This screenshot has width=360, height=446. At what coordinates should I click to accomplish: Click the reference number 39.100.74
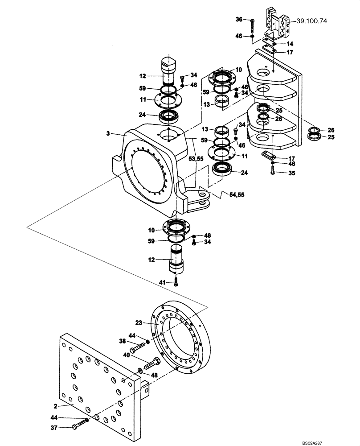[x=309, y=21]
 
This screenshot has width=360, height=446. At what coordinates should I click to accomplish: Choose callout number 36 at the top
[x=239, y=20]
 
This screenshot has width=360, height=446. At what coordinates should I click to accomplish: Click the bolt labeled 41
[x=176, y=282]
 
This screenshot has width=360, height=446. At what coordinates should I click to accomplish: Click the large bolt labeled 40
[x=149, y=364]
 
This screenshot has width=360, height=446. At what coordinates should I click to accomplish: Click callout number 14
[x=290, y=44]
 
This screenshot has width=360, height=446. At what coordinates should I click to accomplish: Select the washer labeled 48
[x=140, y=370]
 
